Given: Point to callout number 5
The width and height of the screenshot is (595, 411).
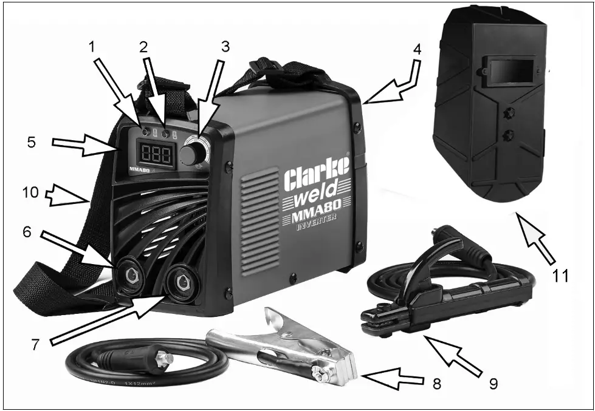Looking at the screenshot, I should tap(31, 142).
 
